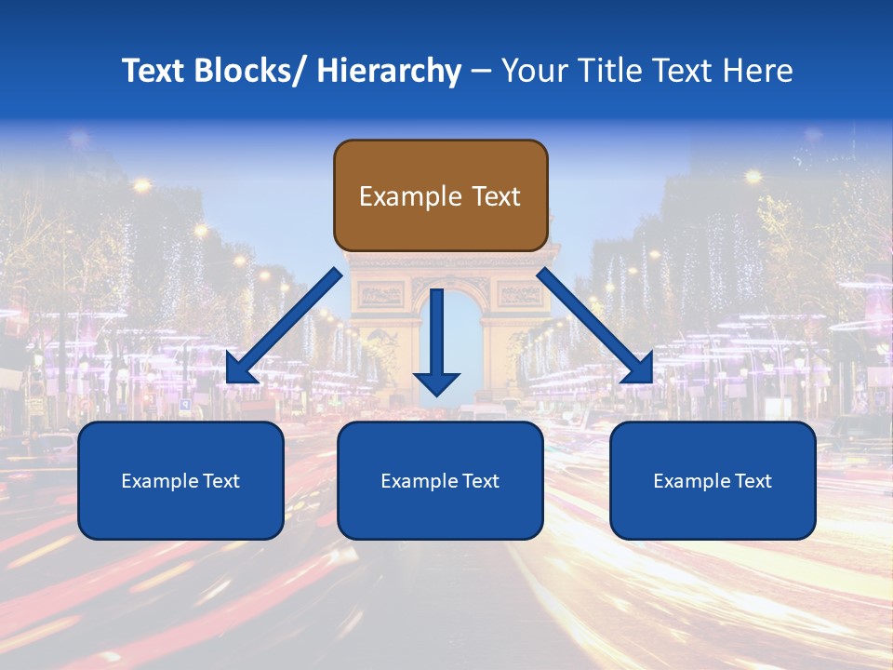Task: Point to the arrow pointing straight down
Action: point(437,335)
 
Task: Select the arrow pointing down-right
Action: point(595,326)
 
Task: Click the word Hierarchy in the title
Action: point(389,71)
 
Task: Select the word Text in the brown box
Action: point(495,196)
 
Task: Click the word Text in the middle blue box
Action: point(478,481)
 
